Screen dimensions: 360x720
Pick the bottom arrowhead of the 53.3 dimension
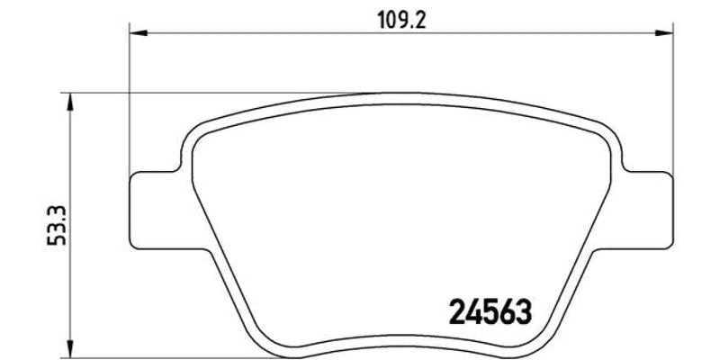[x=70, y=346]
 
